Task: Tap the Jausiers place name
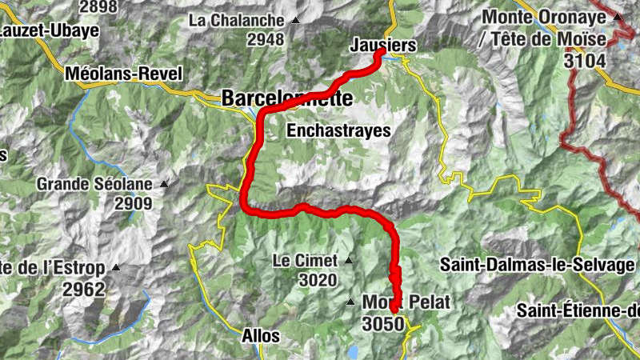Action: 383,46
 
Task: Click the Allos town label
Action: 260,336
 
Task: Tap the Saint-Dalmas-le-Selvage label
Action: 538,264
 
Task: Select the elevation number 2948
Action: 266,38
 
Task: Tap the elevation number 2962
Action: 84,288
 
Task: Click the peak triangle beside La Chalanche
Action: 296,21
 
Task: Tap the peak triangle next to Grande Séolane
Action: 164,184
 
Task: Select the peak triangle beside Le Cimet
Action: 349,260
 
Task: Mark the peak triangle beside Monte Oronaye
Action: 617,17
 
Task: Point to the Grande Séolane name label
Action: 94,184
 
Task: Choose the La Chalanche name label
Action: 237,20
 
